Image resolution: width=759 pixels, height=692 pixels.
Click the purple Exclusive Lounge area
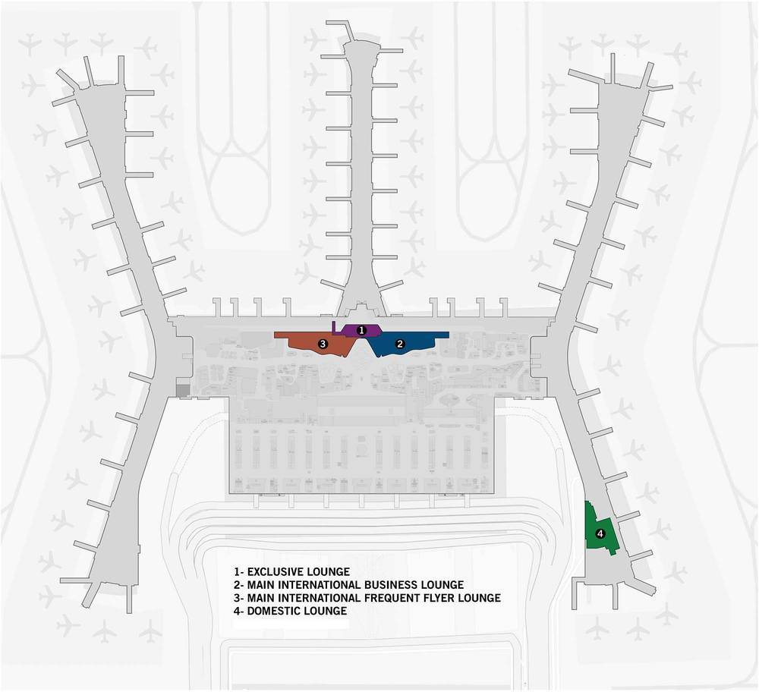[x=368, y=331]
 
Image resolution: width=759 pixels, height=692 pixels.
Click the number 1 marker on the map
[x=361, y=331]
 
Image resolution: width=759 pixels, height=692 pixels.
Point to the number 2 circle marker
[x=400, y=344]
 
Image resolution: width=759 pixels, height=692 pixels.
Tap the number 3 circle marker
[x=323, y=344]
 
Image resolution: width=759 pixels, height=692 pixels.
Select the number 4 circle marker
[x=600, y=533]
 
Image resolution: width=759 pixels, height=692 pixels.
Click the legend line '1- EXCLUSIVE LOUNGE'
[x=291, y=572]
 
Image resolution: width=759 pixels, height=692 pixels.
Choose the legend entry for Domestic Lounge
[x=290, y=611]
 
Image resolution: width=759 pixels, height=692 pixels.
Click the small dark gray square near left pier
[x=182, y=391]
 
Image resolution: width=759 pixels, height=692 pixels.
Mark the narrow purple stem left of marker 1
[x=334, y=327]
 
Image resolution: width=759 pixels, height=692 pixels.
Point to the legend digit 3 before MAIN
[x=236, y=598]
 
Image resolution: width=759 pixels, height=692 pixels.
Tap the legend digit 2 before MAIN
[x=236, y=585]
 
